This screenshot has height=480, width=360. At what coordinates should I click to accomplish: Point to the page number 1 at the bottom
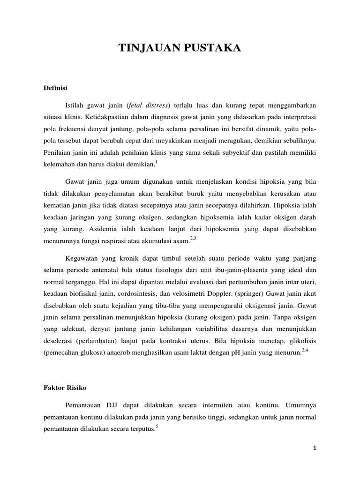coord(315,448)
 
